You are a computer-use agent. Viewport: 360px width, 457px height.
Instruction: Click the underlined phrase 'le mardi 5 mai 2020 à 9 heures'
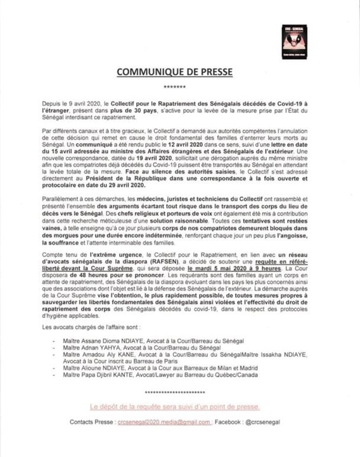coord(236,266)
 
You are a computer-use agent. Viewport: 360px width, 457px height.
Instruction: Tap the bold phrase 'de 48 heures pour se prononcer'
coord(96,273)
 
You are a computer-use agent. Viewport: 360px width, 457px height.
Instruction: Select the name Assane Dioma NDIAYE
coord(110,341)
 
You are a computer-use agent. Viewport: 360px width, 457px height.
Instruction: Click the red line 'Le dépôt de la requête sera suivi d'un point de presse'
coord(174,407)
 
